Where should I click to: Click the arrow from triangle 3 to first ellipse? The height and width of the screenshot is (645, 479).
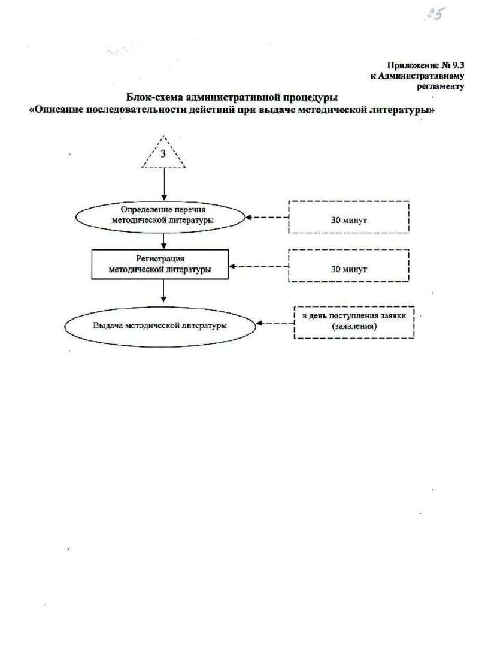click(164, 184)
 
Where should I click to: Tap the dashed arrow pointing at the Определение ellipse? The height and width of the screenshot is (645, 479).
click(267, 217)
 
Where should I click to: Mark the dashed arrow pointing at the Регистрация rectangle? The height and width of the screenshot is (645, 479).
click(259, 266)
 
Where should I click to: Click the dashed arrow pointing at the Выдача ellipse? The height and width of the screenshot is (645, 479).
click(275, 323)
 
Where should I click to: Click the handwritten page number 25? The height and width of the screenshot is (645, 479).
click(435, 14)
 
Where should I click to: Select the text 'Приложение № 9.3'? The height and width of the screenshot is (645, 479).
click(426, 65)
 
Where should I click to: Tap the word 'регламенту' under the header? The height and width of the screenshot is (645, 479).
click(441, 86)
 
